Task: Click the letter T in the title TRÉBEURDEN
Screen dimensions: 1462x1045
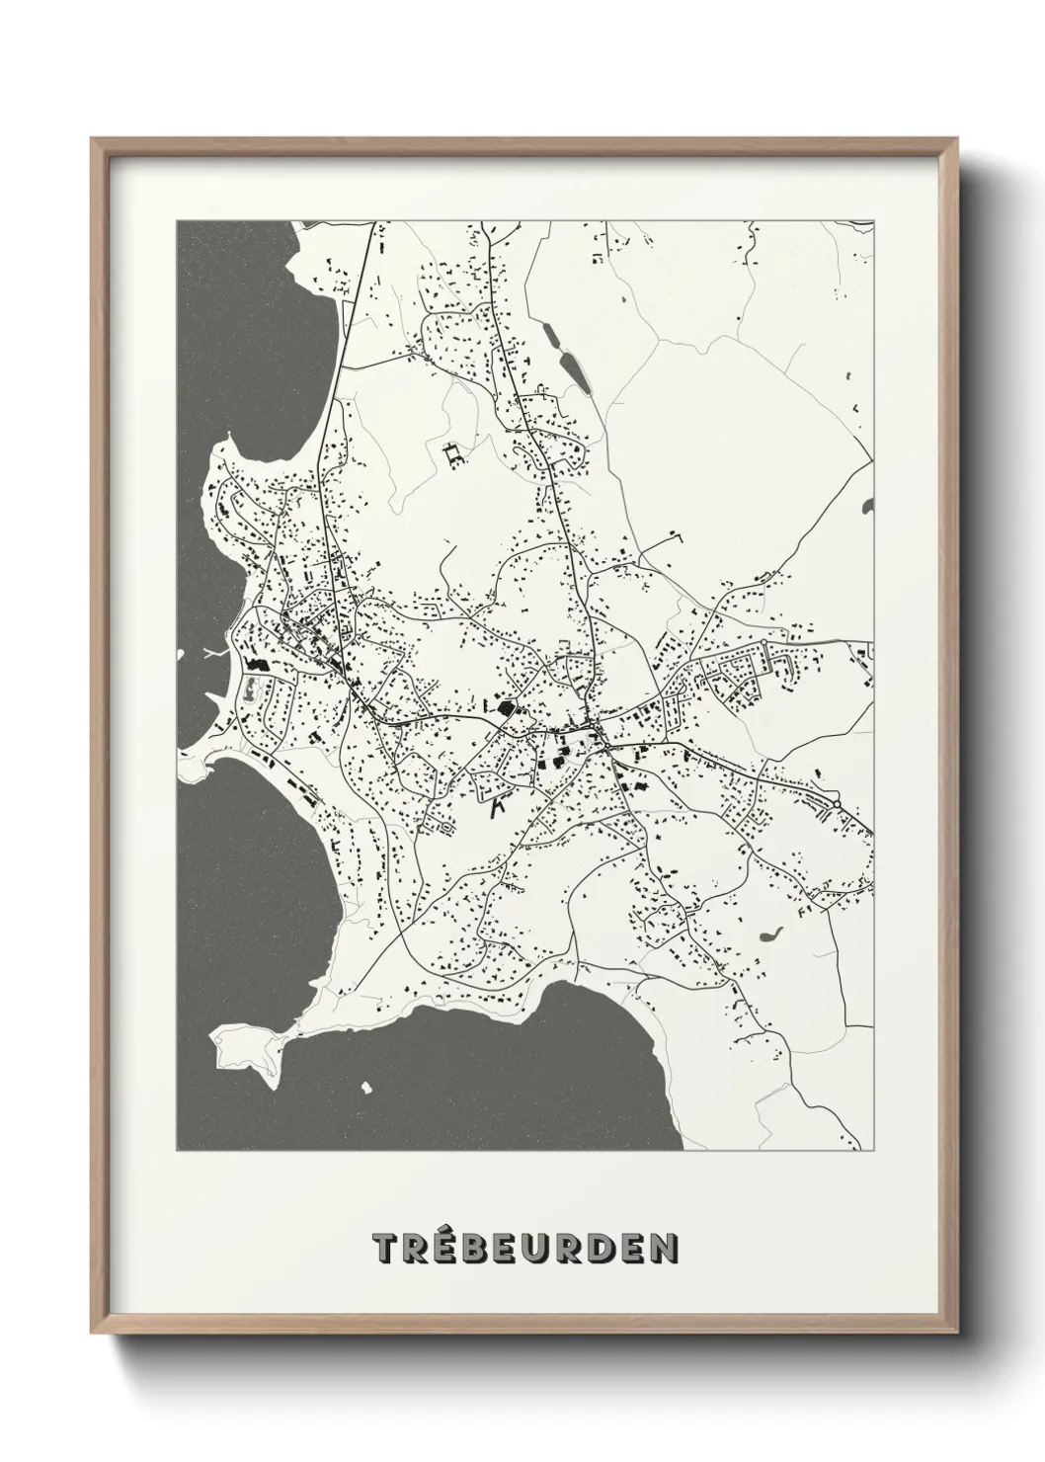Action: pos(385,1249)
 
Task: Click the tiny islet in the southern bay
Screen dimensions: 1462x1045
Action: pos(366,1088)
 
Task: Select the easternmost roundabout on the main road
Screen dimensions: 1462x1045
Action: pos(837,805)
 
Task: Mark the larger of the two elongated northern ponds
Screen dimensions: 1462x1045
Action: pos(572,369)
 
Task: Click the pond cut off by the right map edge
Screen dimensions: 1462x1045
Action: pos(867,506)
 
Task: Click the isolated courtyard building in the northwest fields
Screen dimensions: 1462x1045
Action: pos(454,454)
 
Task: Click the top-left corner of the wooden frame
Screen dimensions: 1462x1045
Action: pos(94,141)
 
